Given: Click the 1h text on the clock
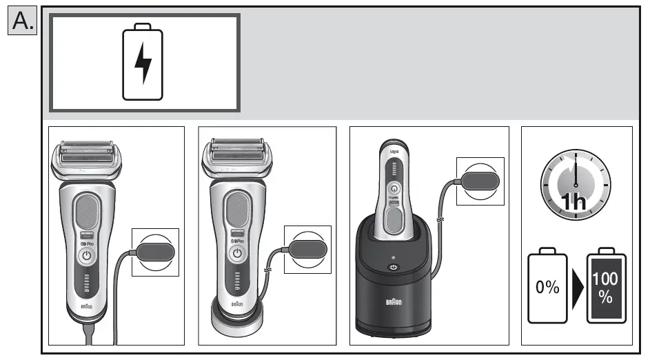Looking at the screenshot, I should coord(574,202).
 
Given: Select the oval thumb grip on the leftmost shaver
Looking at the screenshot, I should coord(87,210).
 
